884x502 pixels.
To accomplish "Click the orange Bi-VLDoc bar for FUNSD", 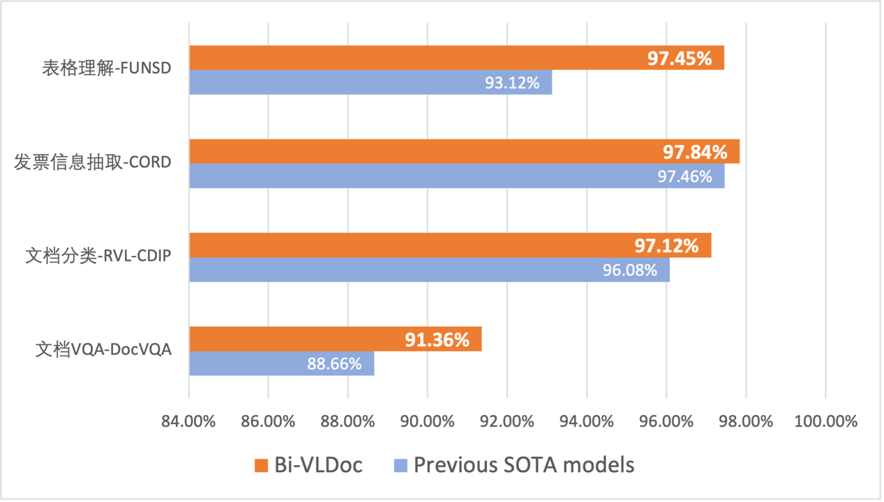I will coord(419,58).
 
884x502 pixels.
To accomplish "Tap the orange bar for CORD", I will coord(419,151).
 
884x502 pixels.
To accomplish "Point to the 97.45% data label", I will coord(680,58).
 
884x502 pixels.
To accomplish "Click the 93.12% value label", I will coord(512,83).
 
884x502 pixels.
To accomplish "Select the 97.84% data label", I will coord(695,151).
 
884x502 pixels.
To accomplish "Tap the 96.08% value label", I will coord(630,270).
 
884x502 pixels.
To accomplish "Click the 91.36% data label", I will coord(437,340).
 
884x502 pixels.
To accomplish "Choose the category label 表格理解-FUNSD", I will coord(105,69).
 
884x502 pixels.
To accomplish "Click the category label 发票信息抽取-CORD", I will coord(93,162).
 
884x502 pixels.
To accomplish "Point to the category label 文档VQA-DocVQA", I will coord(103,349).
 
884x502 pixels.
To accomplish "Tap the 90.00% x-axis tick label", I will coord(428,422).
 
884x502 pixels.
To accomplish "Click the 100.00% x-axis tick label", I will coord(825,422).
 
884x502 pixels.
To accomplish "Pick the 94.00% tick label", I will coord(587,422).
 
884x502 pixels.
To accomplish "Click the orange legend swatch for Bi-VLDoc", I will coord(262,465).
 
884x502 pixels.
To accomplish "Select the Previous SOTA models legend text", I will coord(524,465).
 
